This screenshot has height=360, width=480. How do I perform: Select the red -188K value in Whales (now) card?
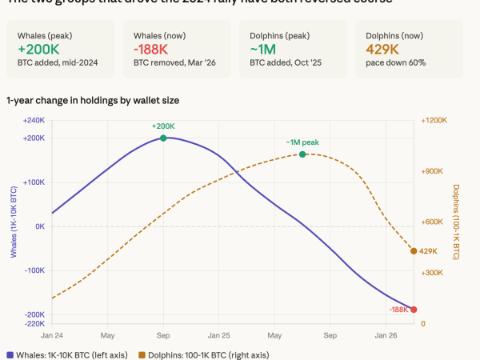(x=150, y=49)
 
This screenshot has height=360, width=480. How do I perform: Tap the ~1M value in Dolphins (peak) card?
(x=263, y=49)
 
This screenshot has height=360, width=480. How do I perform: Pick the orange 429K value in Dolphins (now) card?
(x=382, y=49)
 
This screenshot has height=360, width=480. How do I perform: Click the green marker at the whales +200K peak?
(x=163, y=138)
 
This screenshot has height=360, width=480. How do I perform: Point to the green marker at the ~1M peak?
(x=302, y=154)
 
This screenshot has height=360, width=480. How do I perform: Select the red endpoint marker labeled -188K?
(x=414, y=310)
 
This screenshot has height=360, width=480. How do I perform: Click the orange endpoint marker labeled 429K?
(x=414, y=251)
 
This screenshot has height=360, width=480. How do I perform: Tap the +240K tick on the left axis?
(x=34, y=121)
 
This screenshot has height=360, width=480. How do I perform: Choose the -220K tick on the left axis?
(x=34, y=323)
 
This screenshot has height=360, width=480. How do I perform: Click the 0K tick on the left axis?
(x=39, y=226)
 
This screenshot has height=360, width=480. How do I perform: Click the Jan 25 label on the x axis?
(x=219, y=335)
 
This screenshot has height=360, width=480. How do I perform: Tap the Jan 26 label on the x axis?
(x=386, y=335)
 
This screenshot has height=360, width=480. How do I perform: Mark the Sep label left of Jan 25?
(x=163, y=335)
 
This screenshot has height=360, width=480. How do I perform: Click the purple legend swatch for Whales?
(x=10, y=354)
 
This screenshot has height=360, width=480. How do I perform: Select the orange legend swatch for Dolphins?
(x=142, y=354)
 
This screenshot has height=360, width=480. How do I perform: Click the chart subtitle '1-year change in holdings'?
(x=93, y=100)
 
